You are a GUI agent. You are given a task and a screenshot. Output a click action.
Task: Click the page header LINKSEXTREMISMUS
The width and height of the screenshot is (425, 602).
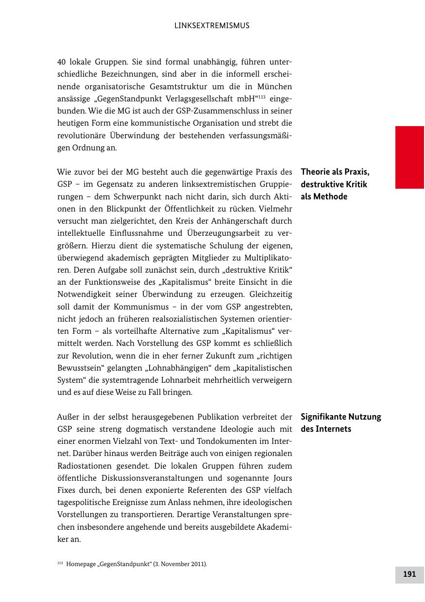click(212, 26)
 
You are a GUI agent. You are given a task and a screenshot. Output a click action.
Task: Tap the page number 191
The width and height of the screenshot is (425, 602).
click(409, 574)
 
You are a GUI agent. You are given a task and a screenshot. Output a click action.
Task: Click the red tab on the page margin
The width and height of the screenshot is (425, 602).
click(409, 157)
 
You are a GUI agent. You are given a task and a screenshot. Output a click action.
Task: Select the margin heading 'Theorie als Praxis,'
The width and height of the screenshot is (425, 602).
click(335, 172)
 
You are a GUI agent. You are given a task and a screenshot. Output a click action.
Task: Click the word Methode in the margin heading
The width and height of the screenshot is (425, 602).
click(330, 196)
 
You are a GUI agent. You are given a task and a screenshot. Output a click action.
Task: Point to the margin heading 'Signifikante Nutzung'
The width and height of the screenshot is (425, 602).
click(341, 417)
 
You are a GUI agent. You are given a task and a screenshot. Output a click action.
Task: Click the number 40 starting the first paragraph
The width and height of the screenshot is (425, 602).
click(62, 62)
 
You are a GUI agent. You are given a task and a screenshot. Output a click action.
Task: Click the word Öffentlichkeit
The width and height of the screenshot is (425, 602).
click(220, 209)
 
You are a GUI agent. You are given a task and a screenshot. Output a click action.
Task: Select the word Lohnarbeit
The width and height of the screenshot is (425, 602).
click(194, 380)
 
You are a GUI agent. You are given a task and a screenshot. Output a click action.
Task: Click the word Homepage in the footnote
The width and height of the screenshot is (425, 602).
click(80, 564)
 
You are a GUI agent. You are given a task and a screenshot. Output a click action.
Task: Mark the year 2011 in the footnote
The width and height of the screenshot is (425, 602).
click(197, 564)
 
